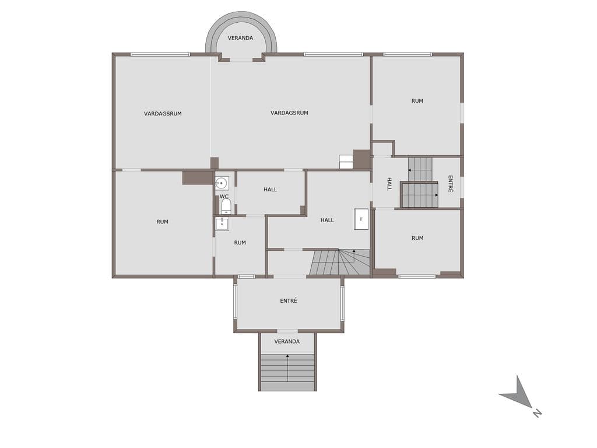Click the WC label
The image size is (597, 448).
tap(224, 197)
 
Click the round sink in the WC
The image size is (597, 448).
tap(222, 183)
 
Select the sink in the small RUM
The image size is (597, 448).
tap(222, 224)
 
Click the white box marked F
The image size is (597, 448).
tap(361, 219)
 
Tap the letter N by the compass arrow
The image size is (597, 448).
tap(537, 412)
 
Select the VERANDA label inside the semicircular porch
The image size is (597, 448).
tap(240, 38)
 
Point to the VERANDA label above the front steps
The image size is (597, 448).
tap(287, 341)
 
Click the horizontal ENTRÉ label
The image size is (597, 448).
tap(289, 300)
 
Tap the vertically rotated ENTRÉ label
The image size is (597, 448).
tap(451, 184)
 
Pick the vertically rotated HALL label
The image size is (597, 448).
tap(389, 184)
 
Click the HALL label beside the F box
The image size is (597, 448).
tap(327, 220)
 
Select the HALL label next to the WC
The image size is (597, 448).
tap(271, 190)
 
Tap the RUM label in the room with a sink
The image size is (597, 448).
tap(240, 243)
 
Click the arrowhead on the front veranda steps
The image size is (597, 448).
tap(287, 356)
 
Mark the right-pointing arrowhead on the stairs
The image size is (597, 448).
tap(436, 195)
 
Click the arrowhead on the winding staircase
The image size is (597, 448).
tap(354, 251)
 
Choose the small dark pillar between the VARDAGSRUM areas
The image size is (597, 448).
tap(215, 163)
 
